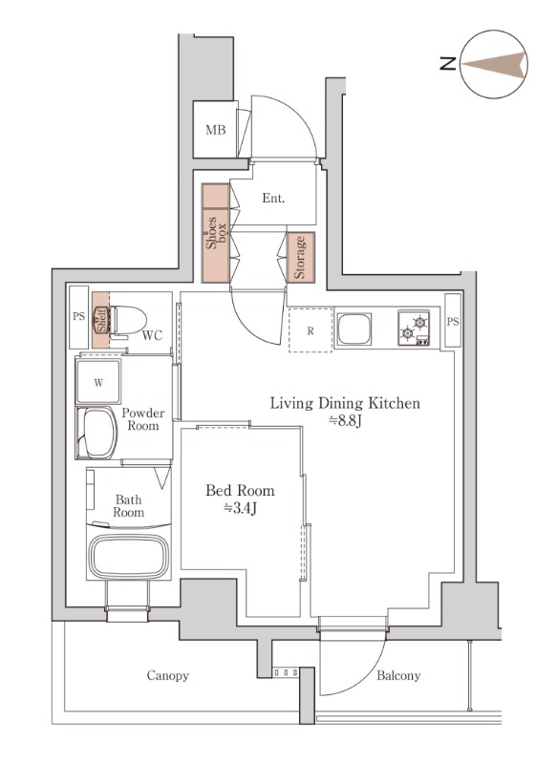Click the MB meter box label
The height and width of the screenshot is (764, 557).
click(215, 130)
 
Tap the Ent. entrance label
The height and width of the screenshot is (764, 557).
click(273, 199)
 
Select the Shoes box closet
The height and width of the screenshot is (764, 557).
click(216, 233)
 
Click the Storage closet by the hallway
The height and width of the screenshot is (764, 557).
click(301, 257)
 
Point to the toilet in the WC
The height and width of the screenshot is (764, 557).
click(128, 321)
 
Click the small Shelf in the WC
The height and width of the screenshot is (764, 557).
click(101, 320)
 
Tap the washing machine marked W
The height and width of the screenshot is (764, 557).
click(98, 382)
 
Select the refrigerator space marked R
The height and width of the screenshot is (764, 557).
click(311, 329)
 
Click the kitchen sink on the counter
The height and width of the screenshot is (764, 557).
click(354, 328)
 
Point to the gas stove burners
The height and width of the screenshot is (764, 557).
click(414, 328)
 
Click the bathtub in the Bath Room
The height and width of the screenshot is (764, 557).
click(130, 556)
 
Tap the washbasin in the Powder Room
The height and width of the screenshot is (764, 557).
click(97, 433)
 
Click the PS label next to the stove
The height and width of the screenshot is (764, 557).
click(453, 321)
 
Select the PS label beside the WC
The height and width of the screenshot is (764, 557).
click(79, 316)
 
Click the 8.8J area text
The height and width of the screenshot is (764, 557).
click(345, 420)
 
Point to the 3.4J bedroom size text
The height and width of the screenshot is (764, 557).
click(240, 508)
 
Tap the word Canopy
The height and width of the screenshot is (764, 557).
click(167, 675)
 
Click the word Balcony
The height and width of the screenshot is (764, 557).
click(398, 675)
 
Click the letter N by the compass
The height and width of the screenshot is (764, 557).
click(448, 64)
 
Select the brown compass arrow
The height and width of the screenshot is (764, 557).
click(494, 64)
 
